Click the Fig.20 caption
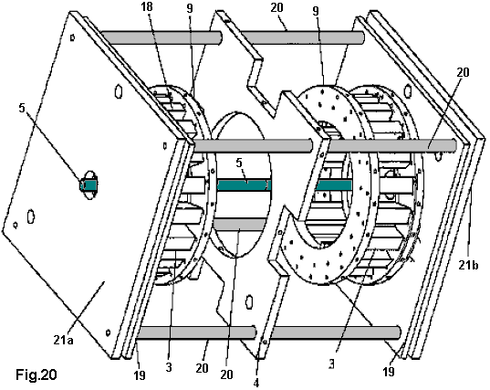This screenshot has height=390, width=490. tap(36, 374)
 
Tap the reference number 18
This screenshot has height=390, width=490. tap(146, 6)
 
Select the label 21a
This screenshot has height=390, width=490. tap(64, 340)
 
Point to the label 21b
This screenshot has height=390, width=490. tap(468, 265)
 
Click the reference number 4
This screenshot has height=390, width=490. tap(256, 383)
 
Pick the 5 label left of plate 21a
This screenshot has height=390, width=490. tap(22, 108)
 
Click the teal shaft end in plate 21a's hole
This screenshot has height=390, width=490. tap(89, 185)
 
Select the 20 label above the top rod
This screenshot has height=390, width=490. tap(276, 7)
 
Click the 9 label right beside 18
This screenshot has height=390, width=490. tap(190, 8)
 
